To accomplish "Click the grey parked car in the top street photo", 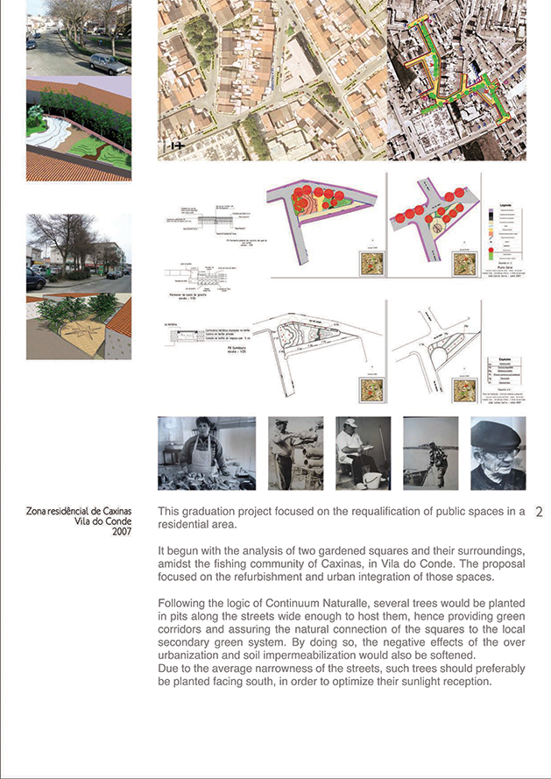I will [x=107, y=63].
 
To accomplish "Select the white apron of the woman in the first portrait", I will [x=203, y=455].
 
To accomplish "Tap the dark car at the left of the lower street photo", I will [x=34, y=280].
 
